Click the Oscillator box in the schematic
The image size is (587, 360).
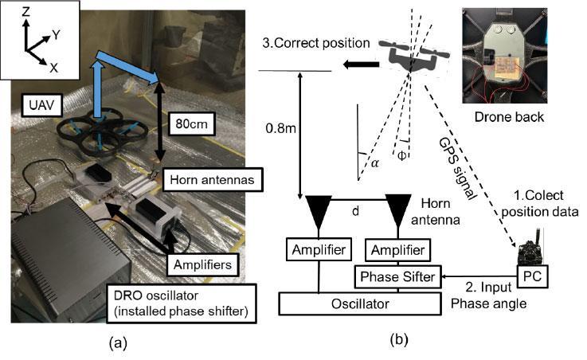(x=360, y=303)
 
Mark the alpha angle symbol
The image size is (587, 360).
(x=373, y=162)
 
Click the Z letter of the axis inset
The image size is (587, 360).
(x=26, y=12)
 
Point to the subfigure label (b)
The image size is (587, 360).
(x=398, y=339)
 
